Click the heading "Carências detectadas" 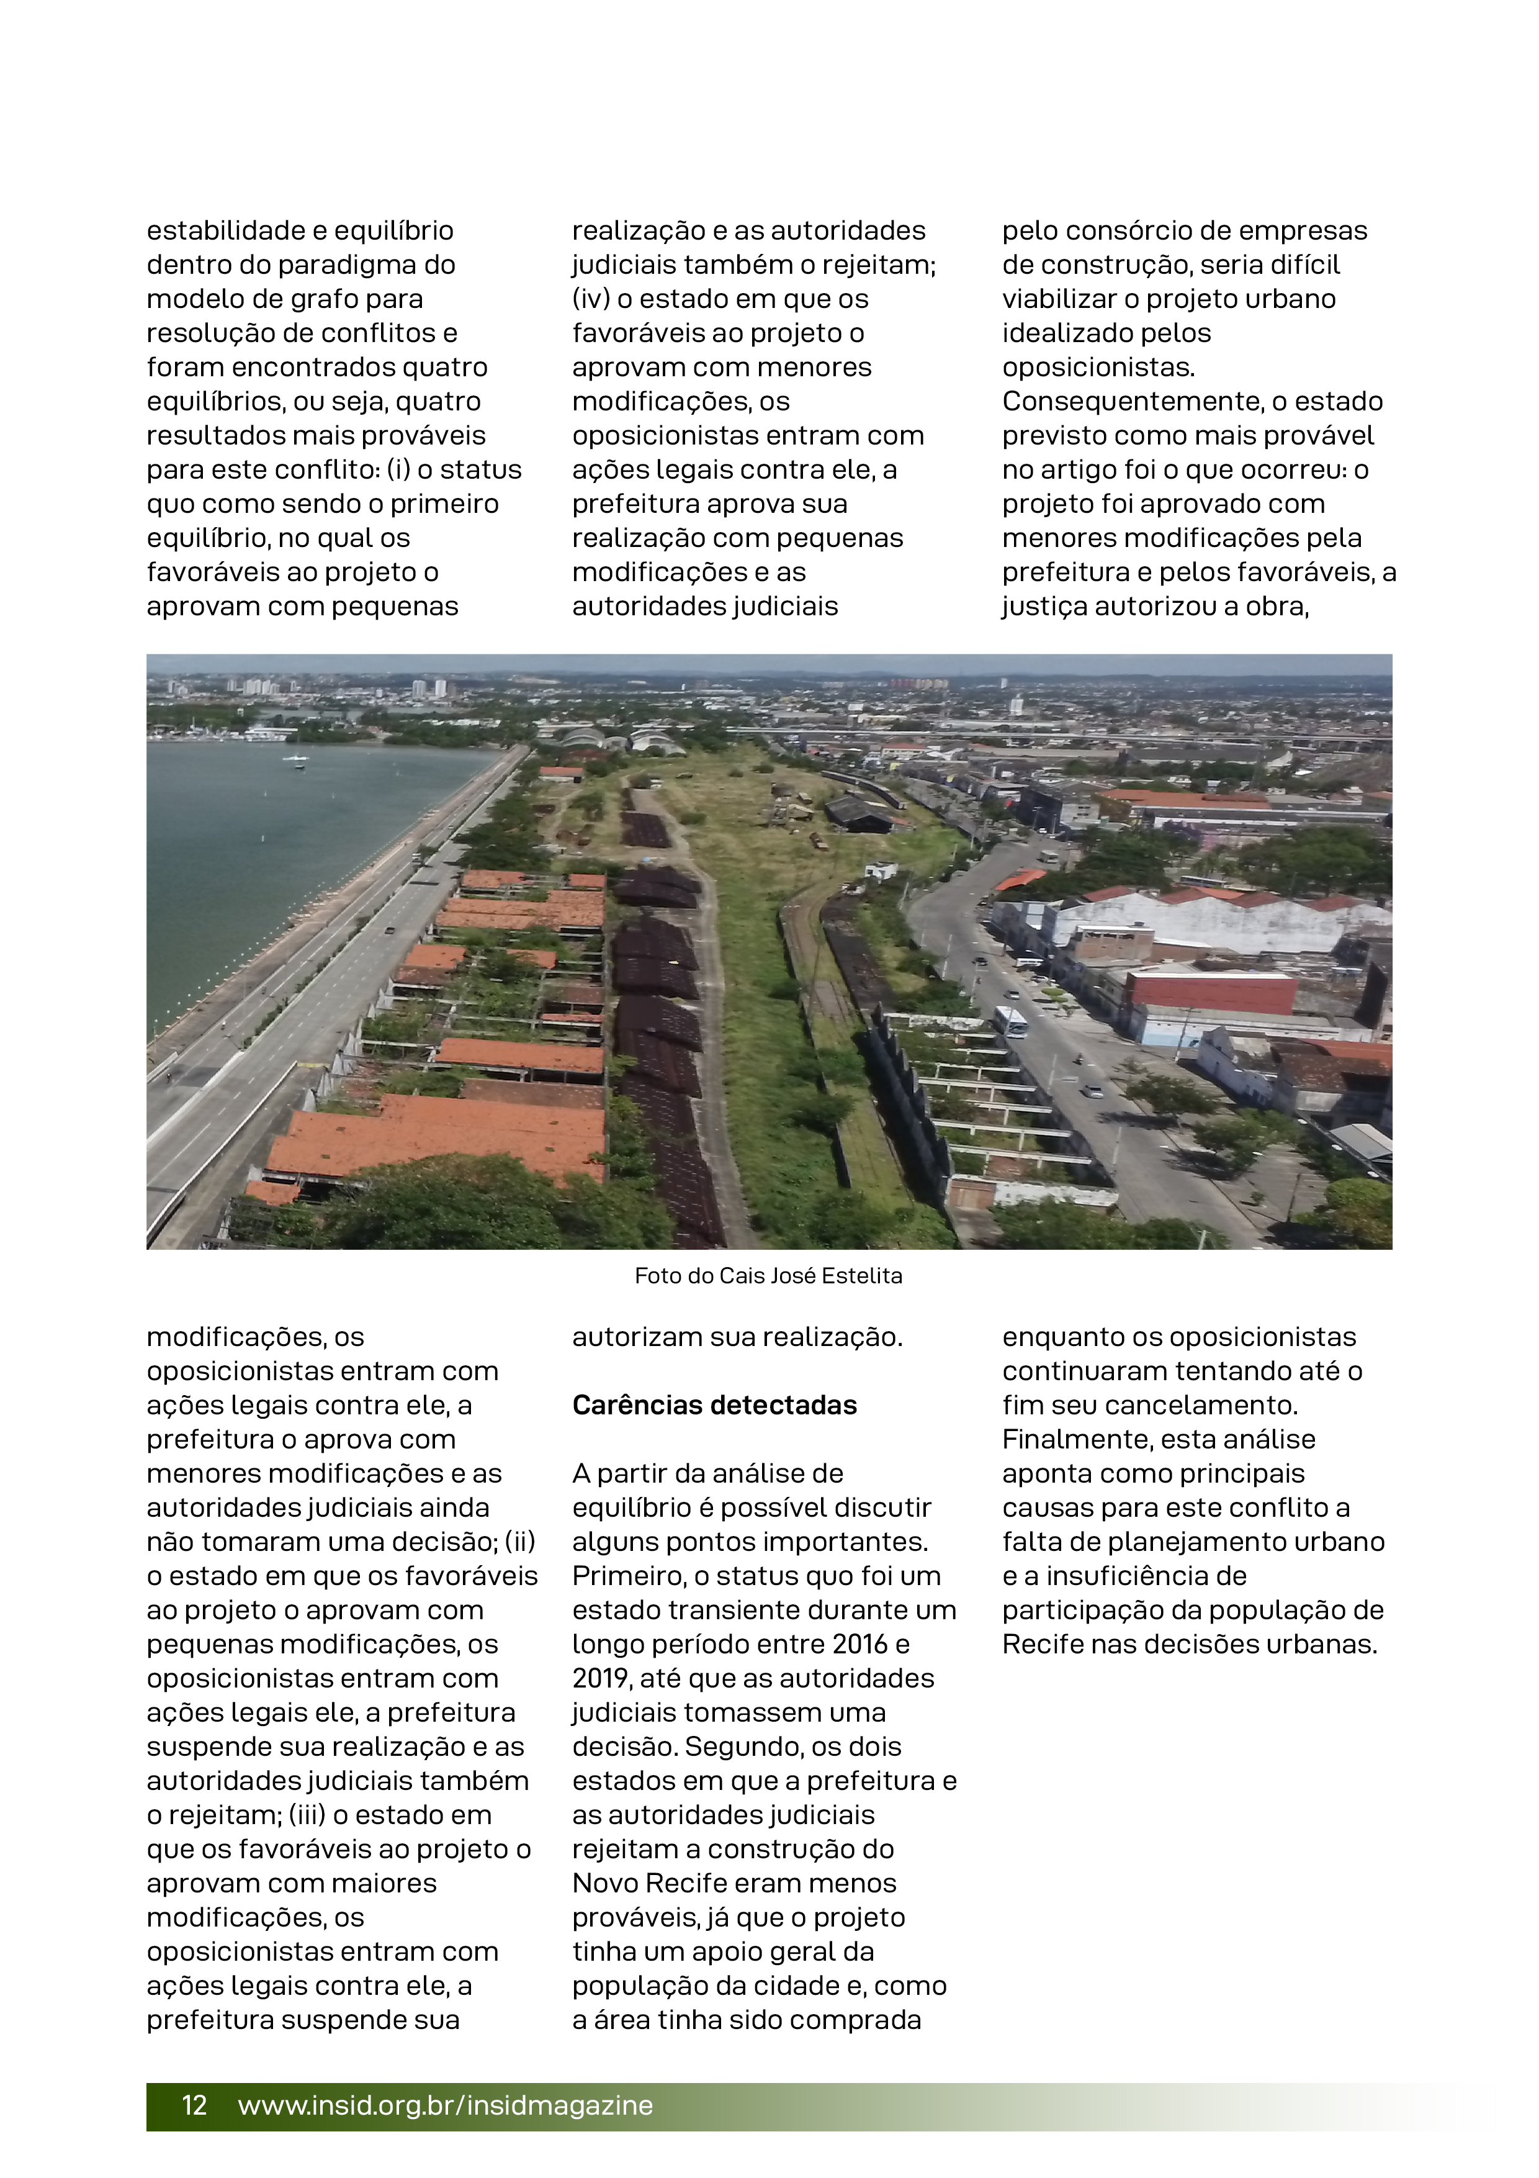pos(714,1405)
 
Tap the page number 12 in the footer pos(194,2105)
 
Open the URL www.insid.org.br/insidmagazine pos(445,2105)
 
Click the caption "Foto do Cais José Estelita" pos(768,1276)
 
